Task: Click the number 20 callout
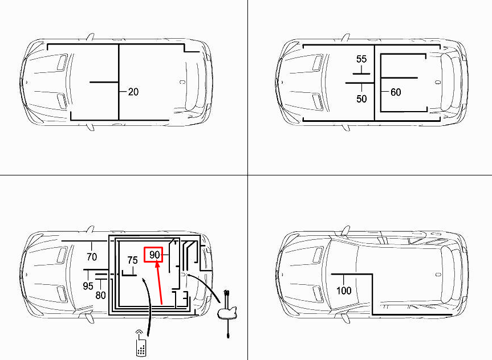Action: (133, 92)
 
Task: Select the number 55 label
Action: (361, 59)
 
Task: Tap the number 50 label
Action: (361, 99)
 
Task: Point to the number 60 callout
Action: (396, 92)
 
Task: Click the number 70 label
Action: (92, 257)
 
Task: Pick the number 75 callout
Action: (132, 260)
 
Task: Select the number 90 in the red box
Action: (154, 255)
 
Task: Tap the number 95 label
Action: (88, 286)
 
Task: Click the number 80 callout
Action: (101, 295)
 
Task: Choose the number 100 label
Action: (344, 291)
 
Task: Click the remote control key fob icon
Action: (141, 343)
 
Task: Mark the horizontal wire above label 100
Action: (351, 275)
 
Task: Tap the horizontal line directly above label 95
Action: (95, 269)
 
